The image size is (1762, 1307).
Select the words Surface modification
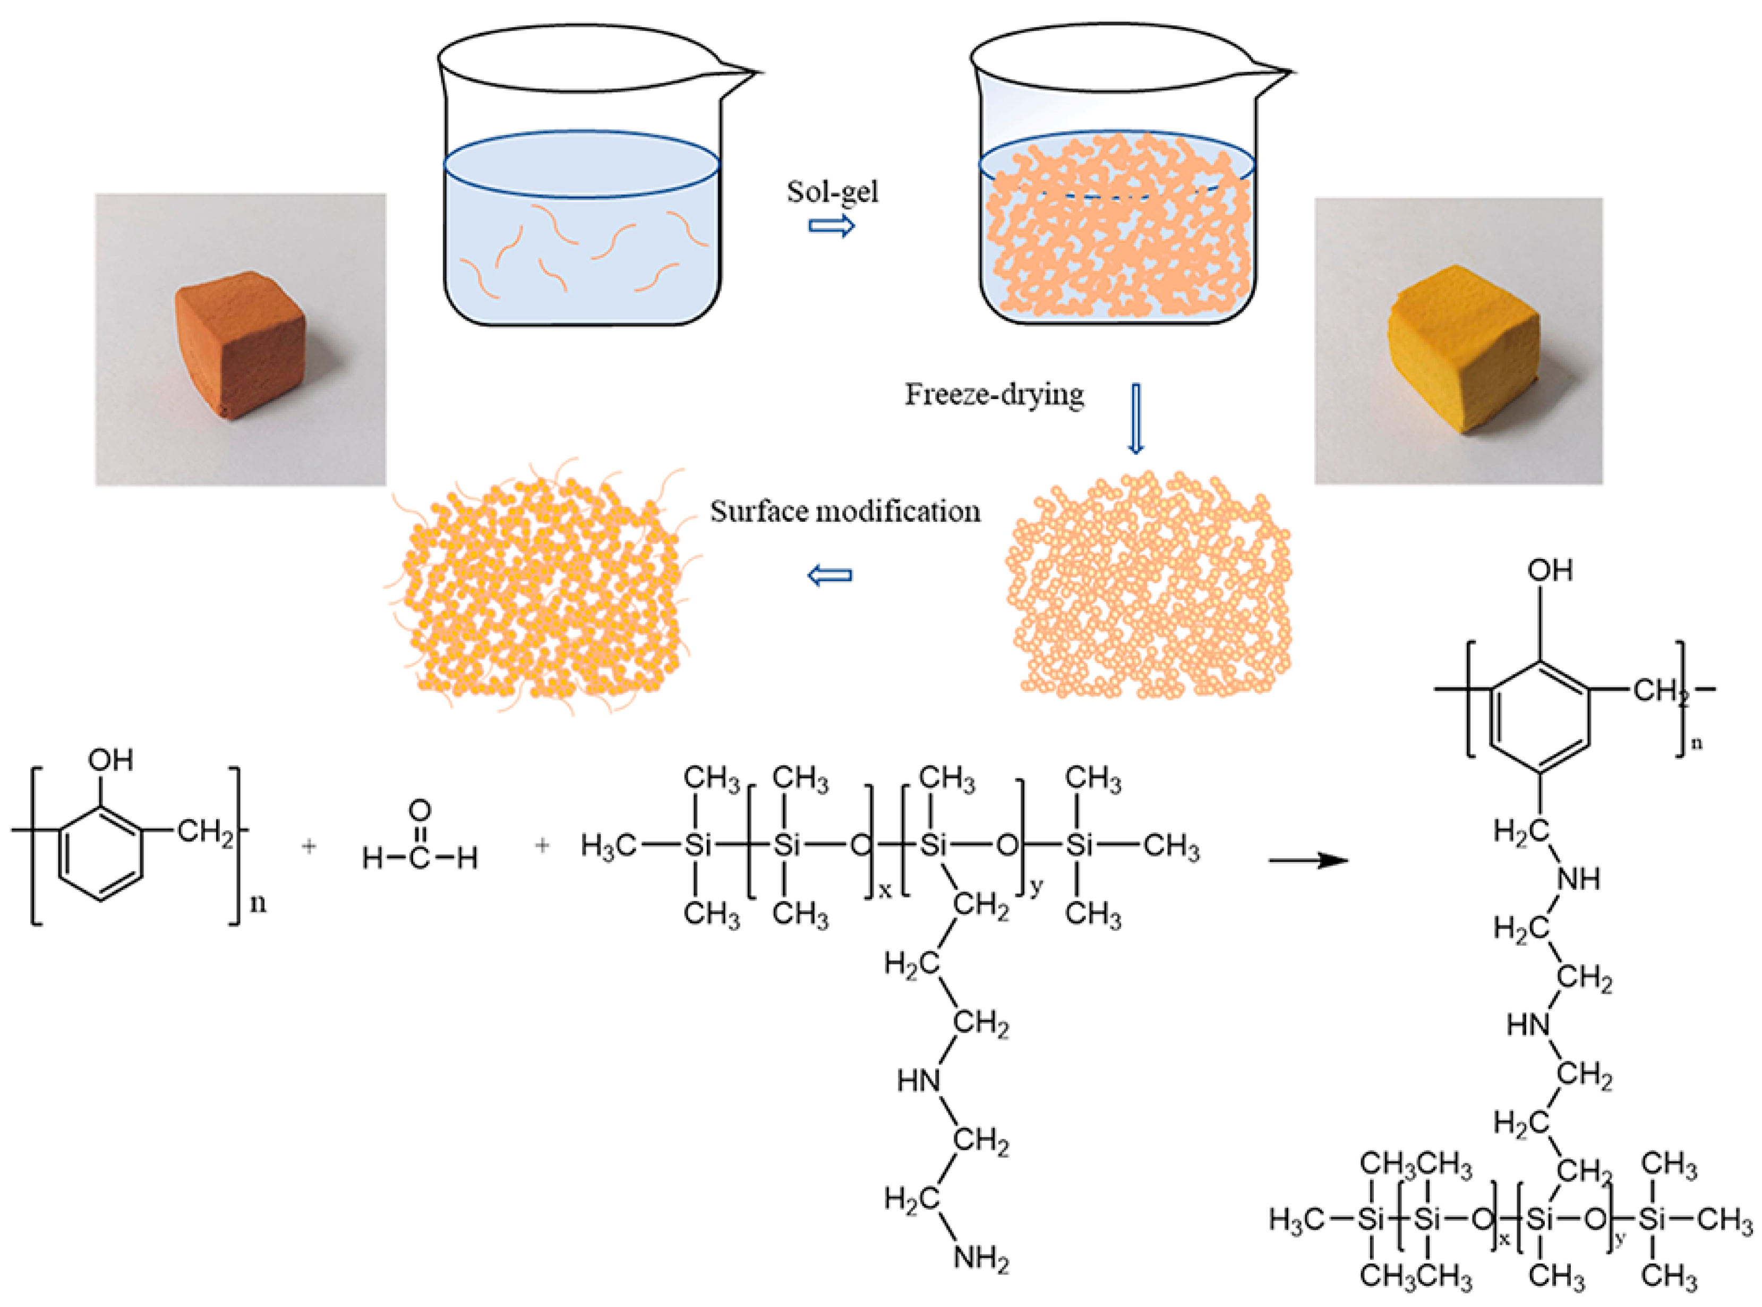point(844,512)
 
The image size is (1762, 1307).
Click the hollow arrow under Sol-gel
point(831,227)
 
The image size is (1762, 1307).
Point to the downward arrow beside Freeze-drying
point(1136,419)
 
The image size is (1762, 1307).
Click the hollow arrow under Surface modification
point(829,575)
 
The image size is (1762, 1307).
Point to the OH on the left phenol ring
point(110,760)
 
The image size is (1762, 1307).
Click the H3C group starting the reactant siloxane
point(608,846)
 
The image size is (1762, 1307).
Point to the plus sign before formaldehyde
point(309,846)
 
